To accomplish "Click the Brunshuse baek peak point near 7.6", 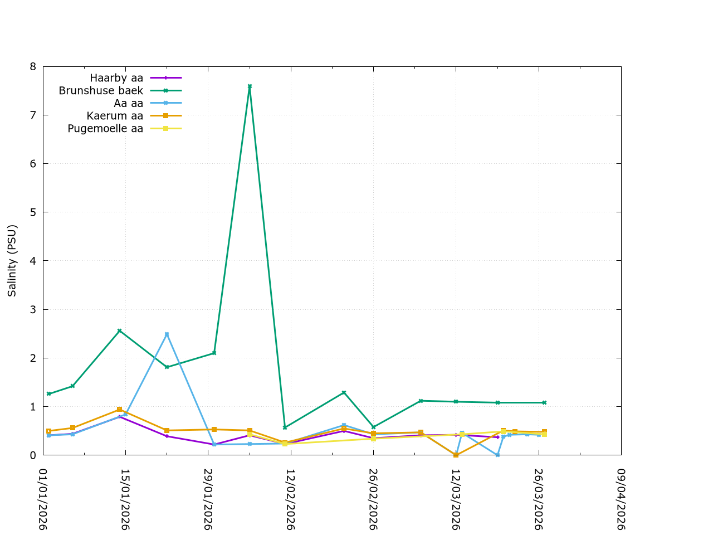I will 250,86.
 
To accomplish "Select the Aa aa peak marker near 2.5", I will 167,334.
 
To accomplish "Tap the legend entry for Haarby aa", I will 116,78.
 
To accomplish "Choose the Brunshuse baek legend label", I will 101,91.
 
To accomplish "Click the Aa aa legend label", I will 128,104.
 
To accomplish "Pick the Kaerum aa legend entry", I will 115,116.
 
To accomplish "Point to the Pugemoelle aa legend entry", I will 105,129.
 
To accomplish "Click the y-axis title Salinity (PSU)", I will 12,261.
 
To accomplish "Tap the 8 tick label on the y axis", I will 32,67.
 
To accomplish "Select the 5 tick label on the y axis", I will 32,212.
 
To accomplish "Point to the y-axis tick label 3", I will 32,309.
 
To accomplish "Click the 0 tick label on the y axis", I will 32,455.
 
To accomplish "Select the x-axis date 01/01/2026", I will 43,499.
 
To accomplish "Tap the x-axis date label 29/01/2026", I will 208,499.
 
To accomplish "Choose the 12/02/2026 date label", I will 290,499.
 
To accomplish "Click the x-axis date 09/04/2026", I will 621,499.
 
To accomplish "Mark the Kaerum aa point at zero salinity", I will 456,455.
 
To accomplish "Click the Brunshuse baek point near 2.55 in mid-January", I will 119,331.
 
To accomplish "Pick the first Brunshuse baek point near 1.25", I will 49,394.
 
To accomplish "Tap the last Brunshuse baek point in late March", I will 544,402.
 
